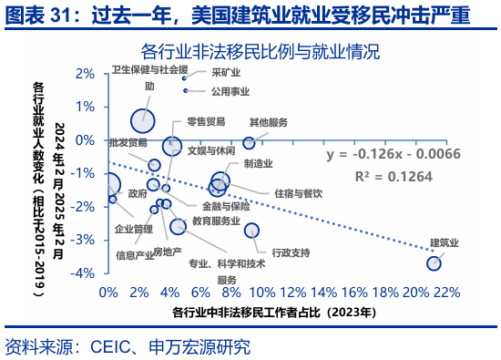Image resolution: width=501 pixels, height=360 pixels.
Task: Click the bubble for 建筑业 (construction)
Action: (434, 263)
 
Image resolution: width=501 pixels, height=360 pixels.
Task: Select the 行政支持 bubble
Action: (252, 231)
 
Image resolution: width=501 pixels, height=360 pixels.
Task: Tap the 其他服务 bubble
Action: (249, 143)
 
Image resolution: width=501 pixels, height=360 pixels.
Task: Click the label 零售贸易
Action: (206, 121)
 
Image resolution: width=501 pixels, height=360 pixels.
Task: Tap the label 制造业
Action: (259, 162)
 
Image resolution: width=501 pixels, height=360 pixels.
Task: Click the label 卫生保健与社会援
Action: (150, 69)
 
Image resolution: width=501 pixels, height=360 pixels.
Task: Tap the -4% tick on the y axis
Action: (85, 273)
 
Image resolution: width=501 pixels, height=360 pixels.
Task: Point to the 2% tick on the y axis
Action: (87, 73)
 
